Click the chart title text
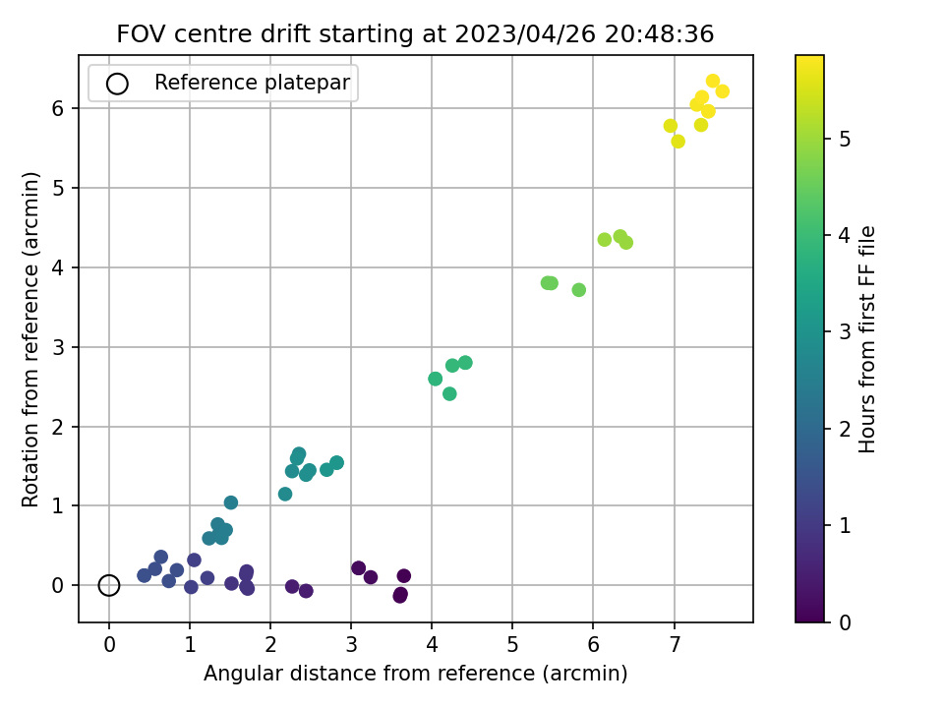[x=415, y=34]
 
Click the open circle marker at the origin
[x=109, y=585]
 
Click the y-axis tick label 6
[x=59, y=108]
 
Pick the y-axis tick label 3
[x=59, y=347]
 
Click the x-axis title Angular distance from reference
[x=415, y=674]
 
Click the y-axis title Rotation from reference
[x=31, y=339]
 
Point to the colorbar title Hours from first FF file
[x=867, y=339]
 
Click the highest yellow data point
[x=713, y=82]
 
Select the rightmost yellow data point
[x=722, y=91]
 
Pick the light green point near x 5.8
[x=579, y=290]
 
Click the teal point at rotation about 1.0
[x=231, y=502]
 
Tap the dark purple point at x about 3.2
[x=371, y=577]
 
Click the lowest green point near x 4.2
[x=449, y=393]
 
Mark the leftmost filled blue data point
[x=145, y=575]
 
